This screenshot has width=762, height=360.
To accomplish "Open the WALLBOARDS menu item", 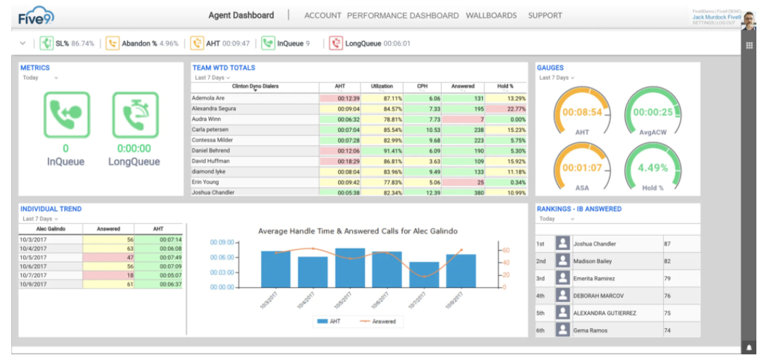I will (x=491, y=16).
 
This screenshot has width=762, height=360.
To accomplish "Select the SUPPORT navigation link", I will (x=545, y=16).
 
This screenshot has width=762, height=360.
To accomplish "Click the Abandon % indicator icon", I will (x=112, y=44).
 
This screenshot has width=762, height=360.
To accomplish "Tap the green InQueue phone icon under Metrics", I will (x=66, y=114).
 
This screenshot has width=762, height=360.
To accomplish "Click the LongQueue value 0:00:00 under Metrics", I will (x=134, y=148).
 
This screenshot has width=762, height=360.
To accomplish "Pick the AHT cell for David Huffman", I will (x=340, y=161).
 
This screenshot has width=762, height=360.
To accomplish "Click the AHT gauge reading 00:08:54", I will (x=582, y=112).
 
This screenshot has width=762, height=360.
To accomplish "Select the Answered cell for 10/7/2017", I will (x=109, y=275).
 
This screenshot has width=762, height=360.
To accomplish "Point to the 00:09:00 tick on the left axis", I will (x=222, y=243).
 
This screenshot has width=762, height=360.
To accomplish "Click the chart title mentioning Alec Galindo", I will (x=358, y=231).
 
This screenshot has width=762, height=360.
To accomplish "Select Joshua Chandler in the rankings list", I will (x=595, y=244).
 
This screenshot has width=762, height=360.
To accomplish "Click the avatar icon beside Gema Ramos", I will (x=562, y=330).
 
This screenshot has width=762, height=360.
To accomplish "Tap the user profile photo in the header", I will (x=749, y=17).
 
